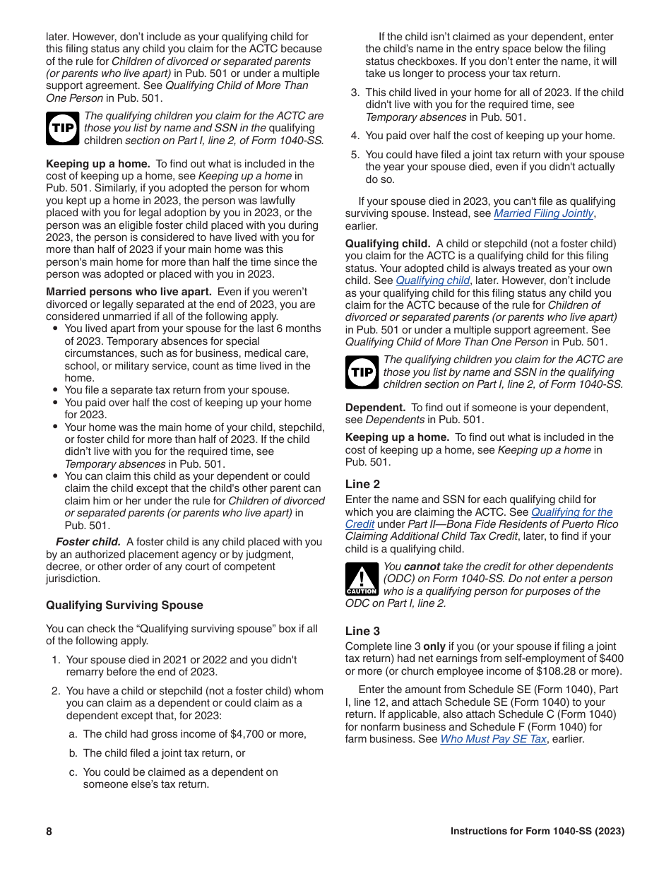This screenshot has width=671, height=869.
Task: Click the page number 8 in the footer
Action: point(49,832)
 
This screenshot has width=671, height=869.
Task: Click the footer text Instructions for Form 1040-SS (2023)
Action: point(538,832)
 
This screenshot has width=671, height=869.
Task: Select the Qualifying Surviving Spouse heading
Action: point(124,605)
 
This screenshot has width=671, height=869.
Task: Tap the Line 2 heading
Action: point(362,484)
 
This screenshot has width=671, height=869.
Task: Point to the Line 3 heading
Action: point(362,631)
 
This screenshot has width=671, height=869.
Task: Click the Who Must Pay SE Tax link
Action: point(493,739)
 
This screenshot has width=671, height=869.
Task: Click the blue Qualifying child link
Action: point(432,280)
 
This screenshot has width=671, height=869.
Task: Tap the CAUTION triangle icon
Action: point(361,579)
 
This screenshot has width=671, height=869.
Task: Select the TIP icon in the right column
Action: point(362,372)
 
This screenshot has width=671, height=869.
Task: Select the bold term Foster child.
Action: point(88,542)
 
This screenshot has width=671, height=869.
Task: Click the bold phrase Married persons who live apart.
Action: point(129,292)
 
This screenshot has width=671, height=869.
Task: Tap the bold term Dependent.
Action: point(375,408)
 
